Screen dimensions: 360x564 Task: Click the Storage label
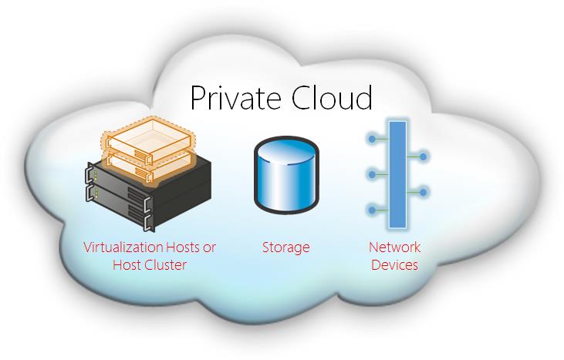click(x=285, y=247)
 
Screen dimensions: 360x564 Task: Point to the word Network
click(x=394, y=247)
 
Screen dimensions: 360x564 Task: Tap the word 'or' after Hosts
click(x=211, y=247)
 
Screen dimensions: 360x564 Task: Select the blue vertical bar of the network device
click(x=396, y=178)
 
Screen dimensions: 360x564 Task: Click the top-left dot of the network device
click(x=373, y=139)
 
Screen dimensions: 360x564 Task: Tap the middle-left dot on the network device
click(x=373, y=174)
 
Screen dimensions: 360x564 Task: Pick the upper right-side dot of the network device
click(x=423, y=156)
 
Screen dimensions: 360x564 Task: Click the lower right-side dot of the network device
click(x=423, y=191)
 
